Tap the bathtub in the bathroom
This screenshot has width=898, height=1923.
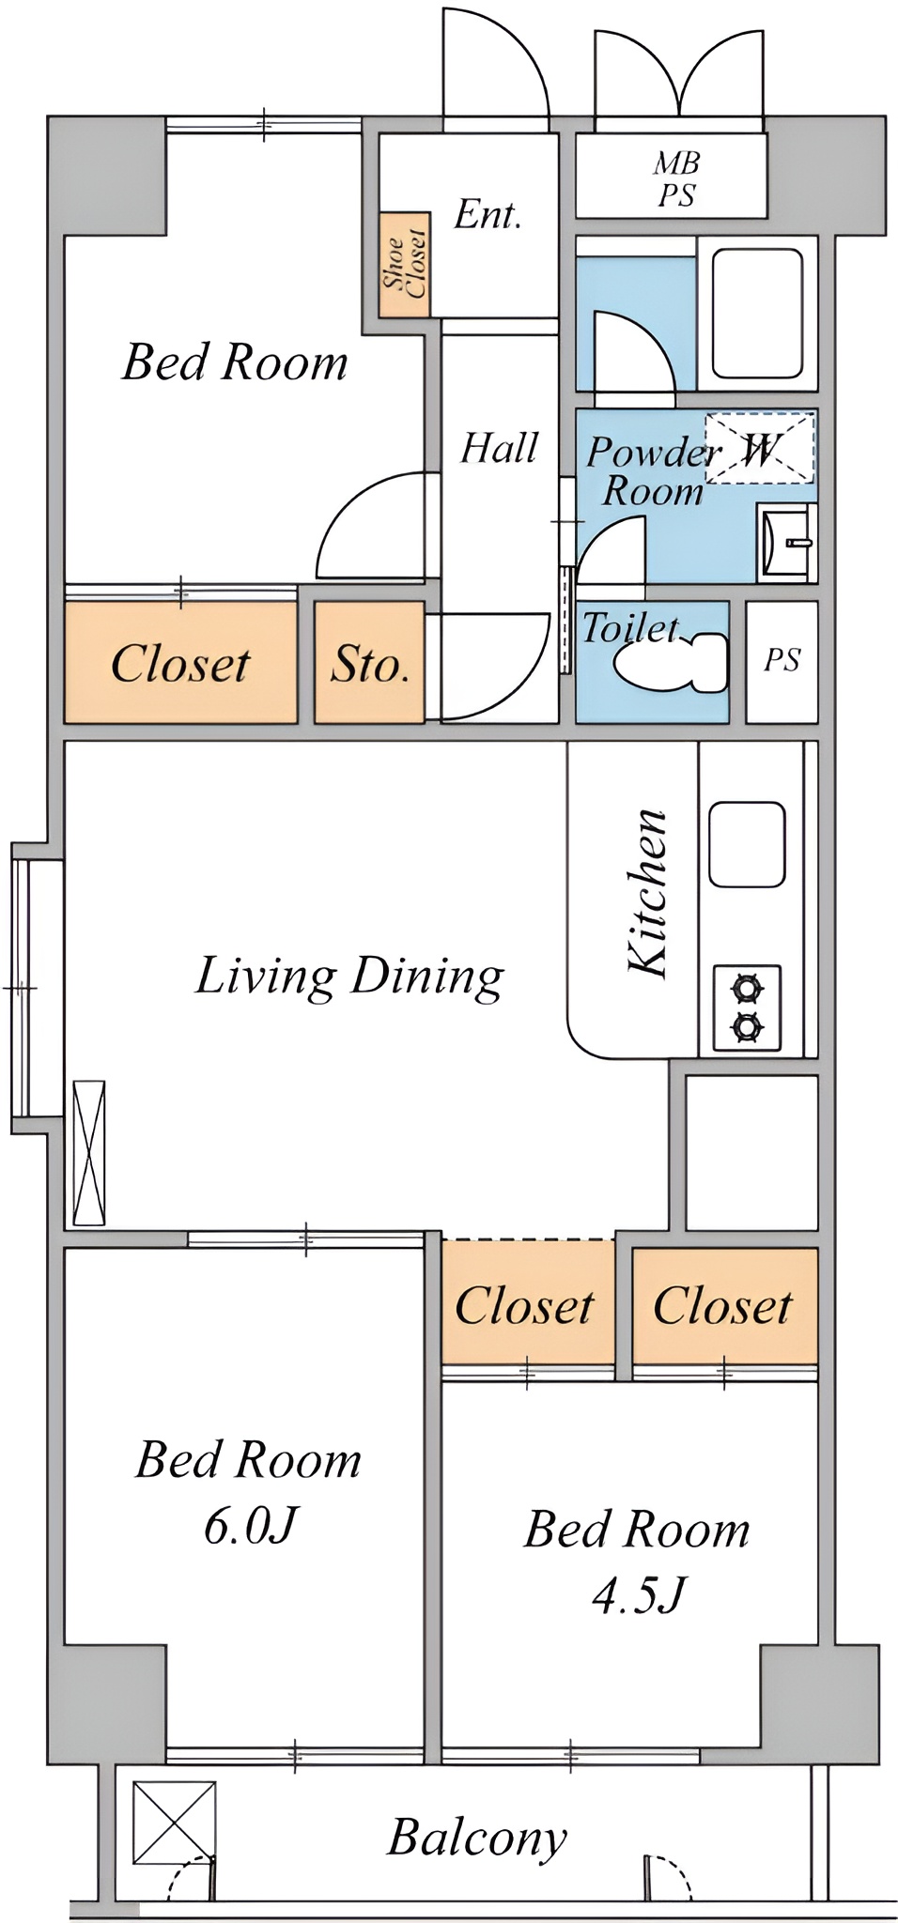click(x=757, y=313)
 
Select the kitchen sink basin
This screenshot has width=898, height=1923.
click(x=747, y=843)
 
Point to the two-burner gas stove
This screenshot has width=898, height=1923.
click(x=747, y=1007)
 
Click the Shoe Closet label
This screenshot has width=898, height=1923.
click(x=404, y=264)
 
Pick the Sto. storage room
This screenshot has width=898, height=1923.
click(x=369, y=662)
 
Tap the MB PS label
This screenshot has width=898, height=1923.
click(x=676, y=178)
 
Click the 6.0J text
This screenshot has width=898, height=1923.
click(x=250, y=1525)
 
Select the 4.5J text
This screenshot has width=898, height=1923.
click(x=640, y=1594)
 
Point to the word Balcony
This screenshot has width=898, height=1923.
click(x=477, y=1838)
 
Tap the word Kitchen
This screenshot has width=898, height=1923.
click(x=648, y=892)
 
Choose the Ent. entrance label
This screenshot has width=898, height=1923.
click(x=487, y=215)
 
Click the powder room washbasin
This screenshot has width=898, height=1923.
click(x=785, y=543)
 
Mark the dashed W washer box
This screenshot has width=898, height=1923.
click(x=760, y=448)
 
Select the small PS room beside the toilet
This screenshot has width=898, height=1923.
click(x=782, y=662)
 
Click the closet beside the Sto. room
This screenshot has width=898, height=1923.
click(x=180, y=662)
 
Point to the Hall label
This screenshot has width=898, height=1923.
click(x=500, y=448)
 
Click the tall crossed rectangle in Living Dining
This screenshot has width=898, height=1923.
click(x=89, y=1153)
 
